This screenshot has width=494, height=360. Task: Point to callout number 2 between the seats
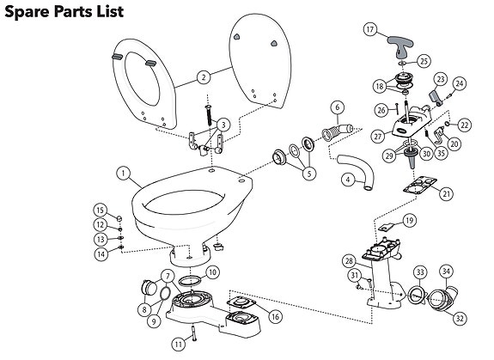(x=204, y=77)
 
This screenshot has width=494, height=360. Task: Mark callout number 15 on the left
(x=100, y=211)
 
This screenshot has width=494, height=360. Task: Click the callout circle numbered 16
(x=274, y=317)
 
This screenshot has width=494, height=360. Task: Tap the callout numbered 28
(x=348, y=261)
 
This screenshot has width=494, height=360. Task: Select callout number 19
(x=409, y=221)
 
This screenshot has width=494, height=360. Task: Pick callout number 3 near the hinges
(x=223, y=125)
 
